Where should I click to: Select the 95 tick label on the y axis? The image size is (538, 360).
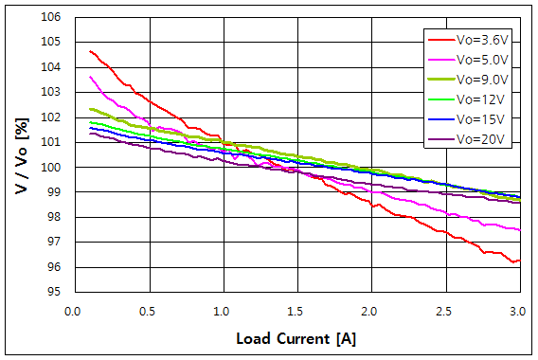(53, 292)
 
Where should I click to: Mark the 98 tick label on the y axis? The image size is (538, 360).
(53, 217)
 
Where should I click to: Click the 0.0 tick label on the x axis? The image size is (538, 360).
(74, 311)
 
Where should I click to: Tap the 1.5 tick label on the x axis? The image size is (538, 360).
(296, 311)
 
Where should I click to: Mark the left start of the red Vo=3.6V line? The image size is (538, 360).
(90, 51)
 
